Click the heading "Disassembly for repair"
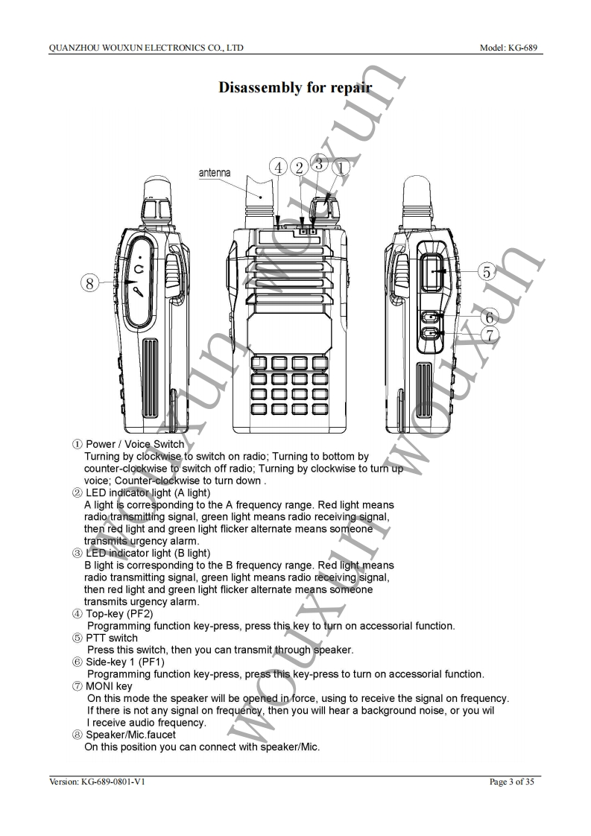click(295, 87)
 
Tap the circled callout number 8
click(89, 283)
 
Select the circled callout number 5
click(486, 271)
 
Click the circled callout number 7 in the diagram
click(489, 335)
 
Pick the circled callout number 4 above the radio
click(279, 168)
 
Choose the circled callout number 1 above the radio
click(341, 168)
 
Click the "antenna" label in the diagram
click(215, 173)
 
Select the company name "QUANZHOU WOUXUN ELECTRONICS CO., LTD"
click(146, 48)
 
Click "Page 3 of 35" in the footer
click(511, 782)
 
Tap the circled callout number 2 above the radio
click(300, 168)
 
